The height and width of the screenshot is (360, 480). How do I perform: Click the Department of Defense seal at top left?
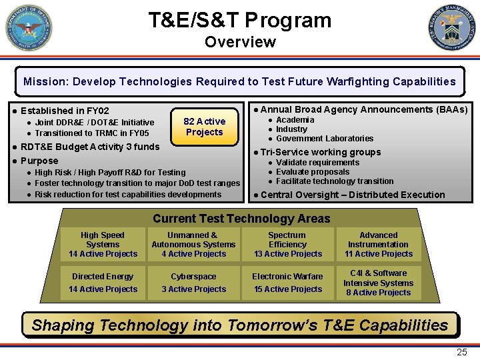[29, 28]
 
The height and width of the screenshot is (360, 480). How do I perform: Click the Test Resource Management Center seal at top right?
[452, 28]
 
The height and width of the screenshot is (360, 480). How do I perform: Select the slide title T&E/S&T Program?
[240, 20]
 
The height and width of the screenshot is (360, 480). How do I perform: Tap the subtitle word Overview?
[240, 42]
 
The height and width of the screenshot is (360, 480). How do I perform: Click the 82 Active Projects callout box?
[204, 126]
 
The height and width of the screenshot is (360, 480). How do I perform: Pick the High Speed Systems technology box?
[103, 245]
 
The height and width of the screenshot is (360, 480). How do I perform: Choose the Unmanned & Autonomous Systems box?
[193, 245]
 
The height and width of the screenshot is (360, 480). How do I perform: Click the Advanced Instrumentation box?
[378, 245]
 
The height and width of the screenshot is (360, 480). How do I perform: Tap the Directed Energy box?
[103, 283]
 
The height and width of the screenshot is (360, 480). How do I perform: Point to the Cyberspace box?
[193, 283]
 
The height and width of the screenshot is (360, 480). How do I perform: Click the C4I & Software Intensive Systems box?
[378, 283]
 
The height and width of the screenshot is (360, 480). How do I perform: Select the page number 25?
[461, 353]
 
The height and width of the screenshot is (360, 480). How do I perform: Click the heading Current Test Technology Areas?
[241, 219]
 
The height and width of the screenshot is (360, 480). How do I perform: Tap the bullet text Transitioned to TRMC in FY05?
[92, 133]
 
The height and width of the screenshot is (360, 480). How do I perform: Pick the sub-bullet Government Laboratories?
[325, 139]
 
